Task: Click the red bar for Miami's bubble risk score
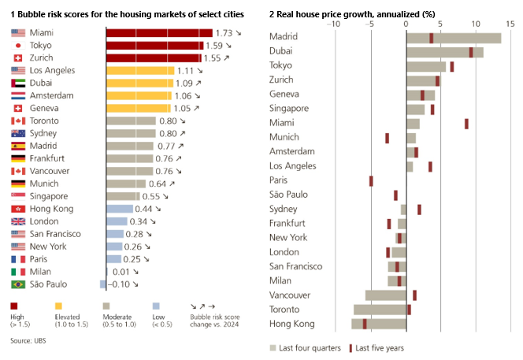[158, 32]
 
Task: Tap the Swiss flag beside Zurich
[18, 58]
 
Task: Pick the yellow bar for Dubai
[139, 83]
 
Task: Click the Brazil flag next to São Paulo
[18, 284]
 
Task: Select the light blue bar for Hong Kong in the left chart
[118, 209]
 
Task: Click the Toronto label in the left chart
[45, 121]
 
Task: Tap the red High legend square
[15, 306]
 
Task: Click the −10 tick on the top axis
[335, 22]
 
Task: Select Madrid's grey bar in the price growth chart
[454, 38]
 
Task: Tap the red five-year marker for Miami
[466, 124]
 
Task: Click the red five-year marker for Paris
[371, 180]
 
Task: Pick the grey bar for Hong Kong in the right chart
[379, 324]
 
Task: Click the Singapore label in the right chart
[289, 109]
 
